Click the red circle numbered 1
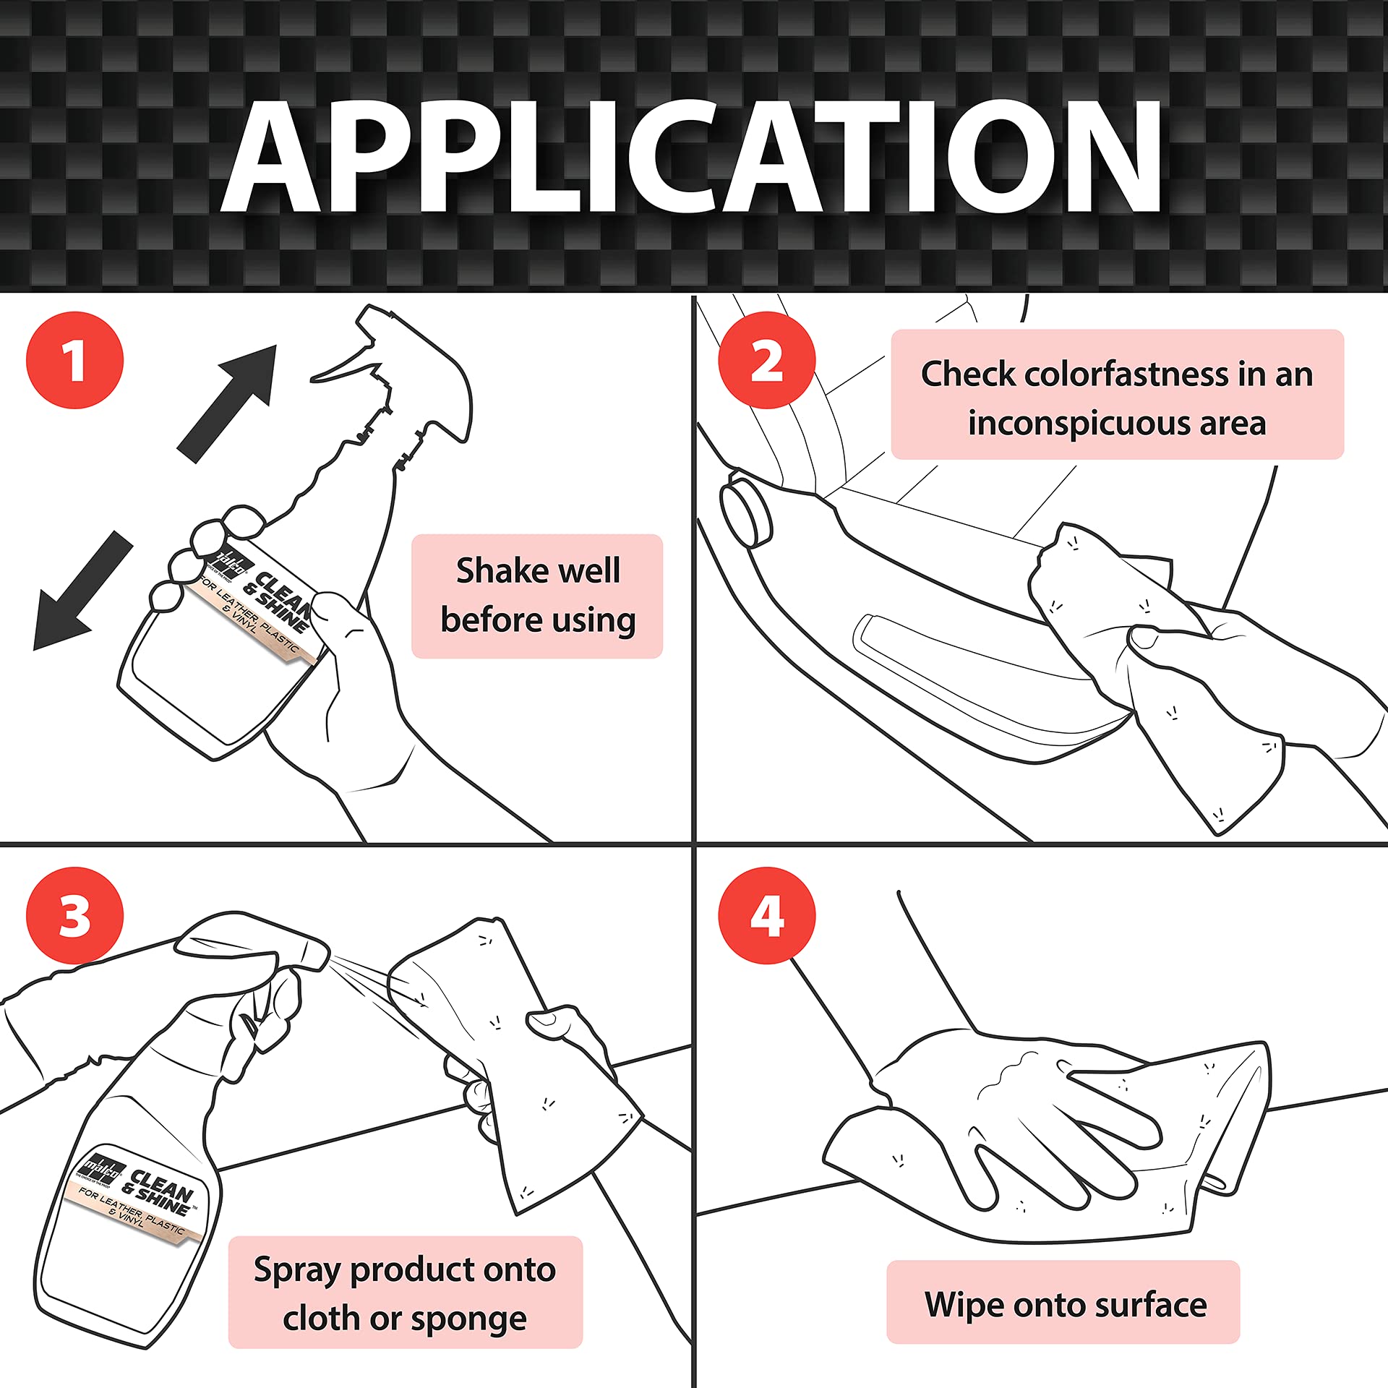pos(74,360)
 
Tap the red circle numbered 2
pos(766,360)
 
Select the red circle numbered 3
pos(74,915)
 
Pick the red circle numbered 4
pos(766,915)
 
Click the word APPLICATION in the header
pos(692,155)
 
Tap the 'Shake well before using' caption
pos(537,596)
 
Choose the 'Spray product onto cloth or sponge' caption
pos(405,1293)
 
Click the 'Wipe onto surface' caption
pos(1065,1304)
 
